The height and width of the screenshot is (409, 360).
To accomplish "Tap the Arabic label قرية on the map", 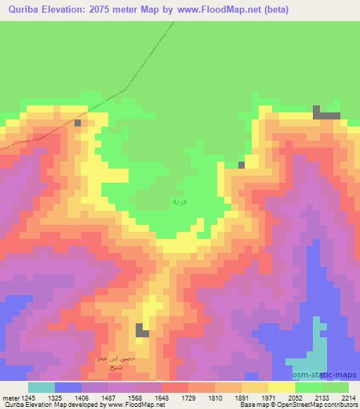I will tap(179, 202).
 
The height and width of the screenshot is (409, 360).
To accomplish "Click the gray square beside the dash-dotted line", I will tap(77, 124).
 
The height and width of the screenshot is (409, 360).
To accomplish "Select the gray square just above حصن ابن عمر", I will tap(142, 330).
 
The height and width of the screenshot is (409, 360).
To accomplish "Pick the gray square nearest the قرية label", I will tap(241, 165).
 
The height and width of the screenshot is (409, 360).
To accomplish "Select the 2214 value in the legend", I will tap(349, 398).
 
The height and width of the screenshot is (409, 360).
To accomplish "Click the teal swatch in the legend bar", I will tap(41, 387).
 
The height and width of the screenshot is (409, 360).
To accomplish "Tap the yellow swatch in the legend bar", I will tap(281, 387).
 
